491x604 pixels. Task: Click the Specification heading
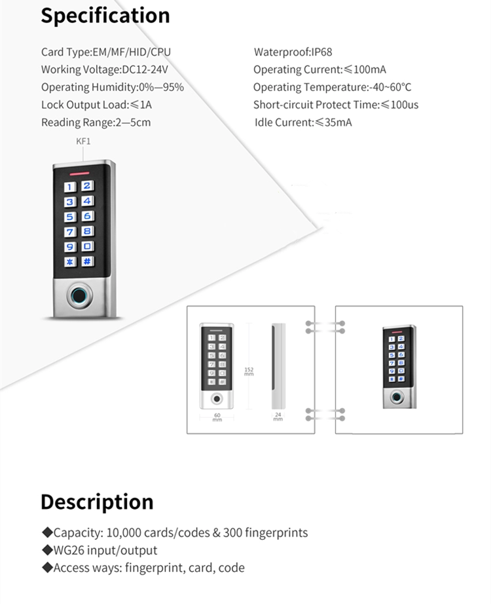(105, 16)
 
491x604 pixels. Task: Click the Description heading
(97, 502)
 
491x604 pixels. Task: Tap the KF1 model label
(83, 142)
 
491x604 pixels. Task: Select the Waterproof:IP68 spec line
(293, 52)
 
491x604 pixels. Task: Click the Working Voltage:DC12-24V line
(104, 69)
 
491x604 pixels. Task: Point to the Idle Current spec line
(303, 123)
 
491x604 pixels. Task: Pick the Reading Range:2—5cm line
(96, 123)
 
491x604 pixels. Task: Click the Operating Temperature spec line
(332, 87)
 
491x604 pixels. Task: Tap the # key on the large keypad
(88, 261)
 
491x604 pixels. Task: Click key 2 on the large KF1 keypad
(87, 186)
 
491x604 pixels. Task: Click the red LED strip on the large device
(80, 174)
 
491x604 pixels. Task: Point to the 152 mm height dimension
(249, 371)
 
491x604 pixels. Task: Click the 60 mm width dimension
(217, 417)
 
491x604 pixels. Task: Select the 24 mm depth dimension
(278, 417)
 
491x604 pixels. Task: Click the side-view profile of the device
(278, 366)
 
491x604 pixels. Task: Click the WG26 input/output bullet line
(100, 550)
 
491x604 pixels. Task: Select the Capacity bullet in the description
(175, 533)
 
